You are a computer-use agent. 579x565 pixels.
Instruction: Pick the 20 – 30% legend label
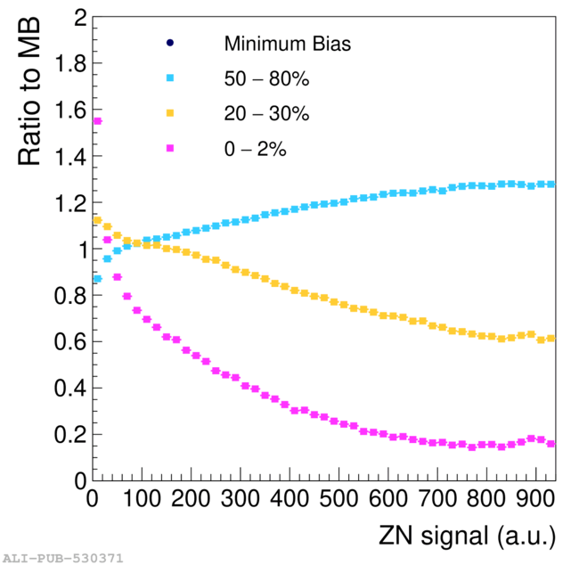point(266,114)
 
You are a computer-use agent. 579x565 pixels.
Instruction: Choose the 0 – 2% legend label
point(255,149)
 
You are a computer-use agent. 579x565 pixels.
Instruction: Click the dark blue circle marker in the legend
point(170,43)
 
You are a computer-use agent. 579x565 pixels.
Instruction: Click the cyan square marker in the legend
point(170,78)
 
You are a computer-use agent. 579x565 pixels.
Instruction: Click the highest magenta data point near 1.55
point(98,121)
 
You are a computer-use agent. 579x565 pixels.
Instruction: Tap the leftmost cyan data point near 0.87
point(98,279)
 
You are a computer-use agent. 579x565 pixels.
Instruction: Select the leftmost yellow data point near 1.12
point(98,220)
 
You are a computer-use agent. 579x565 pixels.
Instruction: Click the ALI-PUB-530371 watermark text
point(62,558)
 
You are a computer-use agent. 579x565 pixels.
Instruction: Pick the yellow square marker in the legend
point(170,114)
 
